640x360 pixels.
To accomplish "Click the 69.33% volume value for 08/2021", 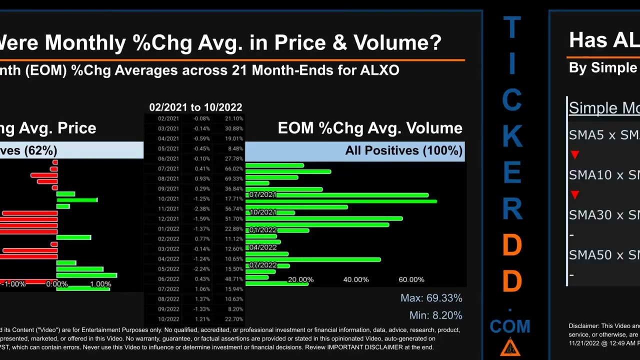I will click(234, 179).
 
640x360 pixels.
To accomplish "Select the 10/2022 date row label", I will click(168, 319).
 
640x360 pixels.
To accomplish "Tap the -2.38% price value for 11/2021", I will click(202, 209).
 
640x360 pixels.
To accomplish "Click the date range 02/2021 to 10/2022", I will click(195, 107).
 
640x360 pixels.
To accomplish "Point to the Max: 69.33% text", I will click(431, 298).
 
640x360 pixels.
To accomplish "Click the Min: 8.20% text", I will click(435, 315).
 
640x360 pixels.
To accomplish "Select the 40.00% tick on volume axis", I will click(355, 280).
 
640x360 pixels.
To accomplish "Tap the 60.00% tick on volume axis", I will click(411, 280).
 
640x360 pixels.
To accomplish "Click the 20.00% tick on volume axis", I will click(300, 280).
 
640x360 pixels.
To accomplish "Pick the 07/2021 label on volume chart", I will click(262, 194).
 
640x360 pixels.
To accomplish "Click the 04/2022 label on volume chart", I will click(262, 247).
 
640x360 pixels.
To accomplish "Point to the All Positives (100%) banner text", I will click(403, 151).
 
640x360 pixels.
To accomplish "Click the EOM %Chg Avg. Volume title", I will click(370, 128).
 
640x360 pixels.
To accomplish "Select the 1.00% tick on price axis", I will click(100, 284).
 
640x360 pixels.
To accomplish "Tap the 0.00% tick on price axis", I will click(56, 284).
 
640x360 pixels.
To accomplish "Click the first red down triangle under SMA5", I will click(574, 155).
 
